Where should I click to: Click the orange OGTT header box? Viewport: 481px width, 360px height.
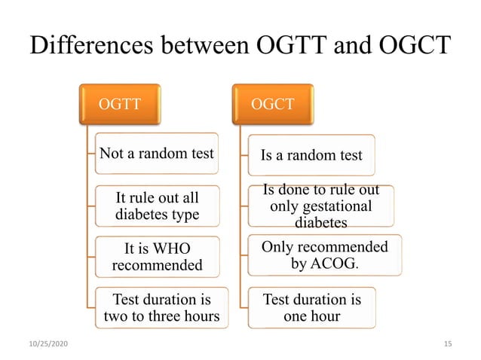(x=121, y=104)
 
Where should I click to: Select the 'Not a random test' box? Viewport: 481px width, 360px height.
(x=158, y=154)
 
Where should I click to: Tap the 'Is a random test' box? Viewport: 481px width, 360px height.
(x=311, y=155)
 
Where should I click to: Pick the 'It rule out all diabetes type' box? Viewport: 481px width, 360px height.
(x=158, y=206)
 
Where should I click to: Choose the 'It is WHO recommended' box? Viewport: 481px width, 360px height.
(x=158, y=257)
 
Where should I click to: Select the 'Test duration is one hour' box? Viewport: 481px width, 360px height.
(x=311, y=307)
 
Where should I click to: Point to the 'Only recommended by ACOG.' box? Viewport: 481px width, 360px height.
(x=325, y=256)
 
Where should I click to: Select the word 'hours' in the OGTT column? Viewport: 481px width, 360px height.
(x=199, y=316)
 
